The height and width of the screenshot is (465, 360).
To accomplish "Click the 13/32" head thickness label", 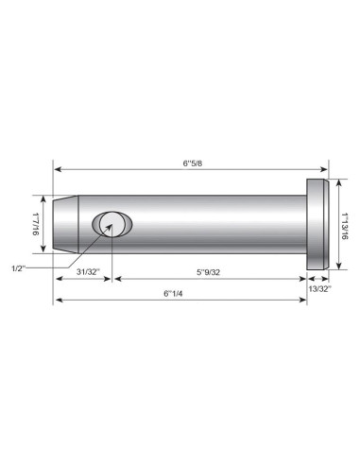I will click(319, 289).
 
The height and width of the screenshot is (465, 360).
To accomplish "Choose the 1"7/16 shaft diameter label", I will click(34, 224).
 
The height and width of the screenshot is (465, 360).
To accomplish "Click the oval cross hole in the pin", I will click(112, 225).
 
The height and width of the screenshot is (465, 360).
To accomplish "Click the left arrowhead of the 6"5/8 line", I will click(58, 170).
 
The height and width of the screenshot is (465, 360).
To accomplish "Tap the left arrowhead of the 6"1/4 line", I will click(58, 301).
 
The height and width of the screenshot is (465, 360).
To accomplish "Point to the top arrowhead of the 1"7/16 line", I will click(43, 199).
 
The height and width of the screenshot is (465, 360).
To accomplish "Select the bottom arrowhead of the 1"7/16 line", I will click(43, 250).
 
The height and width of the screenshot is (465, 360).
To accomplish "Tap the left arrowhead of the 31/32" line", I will click(58, 279).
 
